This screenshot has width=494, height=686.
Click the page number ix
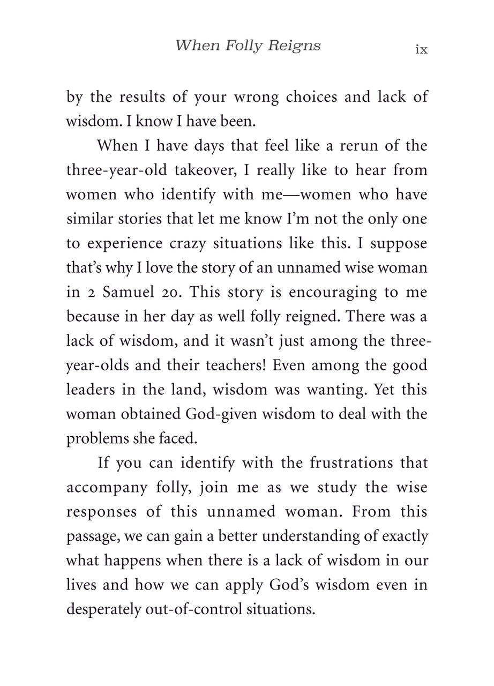pos(421,50)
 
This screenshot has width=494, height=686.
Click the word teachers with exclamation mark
pos(236,366)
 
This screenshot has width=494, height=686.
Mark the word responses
pos(101,512)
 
